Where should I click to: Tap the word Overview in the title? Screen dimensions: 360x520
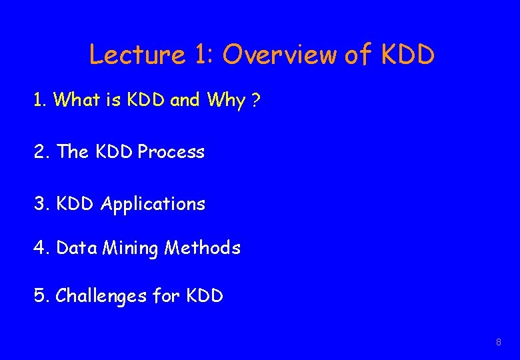click(279, 55)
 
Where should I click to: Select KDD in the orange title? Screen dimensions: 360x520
click(407, 55)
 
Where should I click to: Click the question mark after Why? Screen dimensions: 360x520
click(255, 100)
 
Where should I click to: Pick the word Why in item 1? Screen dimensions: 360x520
click(226, 101)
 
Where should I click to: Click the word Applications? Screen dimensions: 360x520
click(153, 204)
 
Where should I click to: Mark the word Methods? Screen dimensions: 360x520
click(202, 248)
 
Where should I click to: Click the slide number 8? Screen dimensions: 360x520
click(498, 342)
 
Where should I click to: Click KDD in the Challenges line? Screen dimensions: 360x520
click(205, 295)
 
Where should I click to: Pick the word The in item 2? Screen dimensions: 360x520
click(73, 152)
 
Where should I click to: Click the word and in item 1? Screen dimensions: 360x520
click(185, 100)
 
